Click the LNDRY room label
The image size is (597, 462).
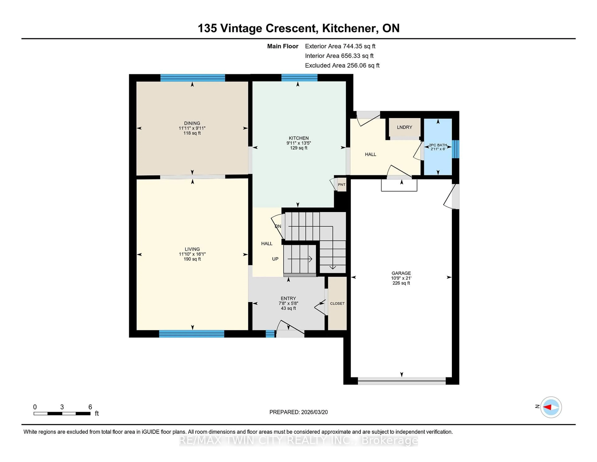coord(404,127)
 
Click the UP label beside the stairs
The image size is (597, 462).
coord(275,259)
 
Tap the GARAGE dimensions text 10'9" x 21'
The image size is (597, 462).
coord(401,278)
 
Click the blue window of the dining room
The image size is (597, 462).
coord(192,78)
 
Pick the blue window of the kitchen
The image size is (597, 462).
coord(299,78)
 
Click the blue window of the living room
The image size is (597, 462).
coord(192,334)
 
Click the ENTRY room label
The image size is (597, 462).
coord(288,299)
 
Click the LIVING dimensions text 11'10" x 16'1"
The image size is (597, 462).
coord(192,254)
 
